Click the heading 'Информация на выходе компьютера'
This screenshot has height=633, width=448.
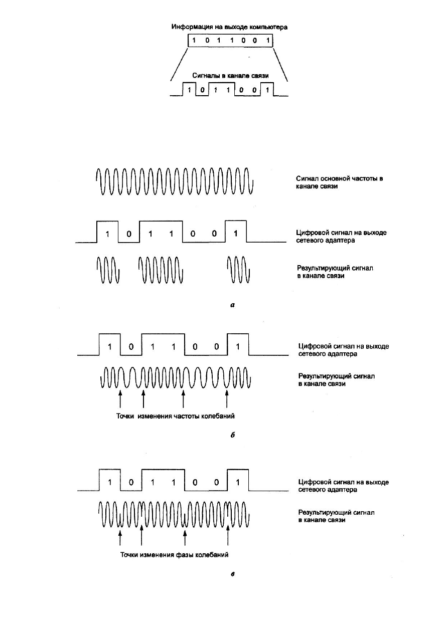tap(229, 27)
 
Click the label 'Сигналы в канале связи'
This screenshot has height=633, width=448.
tap(230, 76)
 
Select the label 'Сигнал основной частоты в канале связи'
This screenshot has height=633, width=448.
tap(340, 182)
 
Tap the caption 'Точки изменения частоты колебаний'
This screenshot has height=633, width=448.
tap(176, 416)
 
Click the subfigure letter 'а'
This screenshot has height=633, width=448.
tap(232, 305)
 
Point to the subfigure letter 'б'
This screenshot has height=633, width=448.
tap(232, 435)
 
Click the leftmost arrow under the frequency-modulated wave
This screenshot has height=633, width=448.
tap(120, 399)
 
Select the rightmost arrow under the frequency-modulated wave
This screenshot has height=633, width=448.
tap(227, 399)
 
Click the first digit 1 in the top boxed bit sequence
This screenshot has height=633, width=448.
tap(194, 40)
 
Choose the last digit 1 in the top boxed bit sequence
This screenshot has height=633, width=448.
tap(267, 40)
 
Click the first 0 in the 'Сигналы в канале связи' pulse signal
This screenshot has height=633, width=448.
tap(202, 90)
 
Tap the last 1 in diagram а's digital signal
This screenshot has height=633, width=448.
tap(236, 234)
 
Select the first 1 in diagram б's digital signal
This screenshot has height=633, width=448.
tap(109, 346)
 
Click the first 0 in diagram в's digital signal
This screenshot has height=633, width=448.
tap(131, 482)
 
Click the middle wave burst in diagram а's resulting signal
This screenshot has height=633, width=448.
tap(161, 270)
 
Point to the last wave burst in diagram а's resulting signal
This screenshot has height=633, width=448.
tap(238, 270)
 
